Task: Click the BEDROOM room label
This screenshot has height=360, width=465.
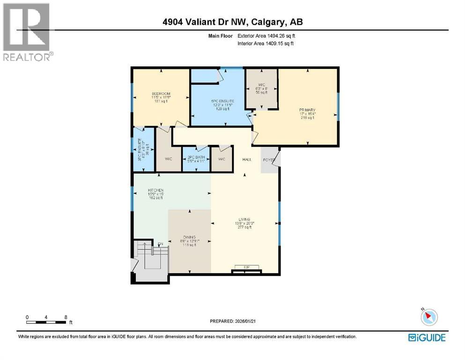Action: (161, 94)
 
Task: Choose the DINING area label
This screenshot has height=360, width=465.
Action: (189, 237)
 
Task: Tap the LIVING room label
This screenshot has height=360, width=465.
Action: (244, 219)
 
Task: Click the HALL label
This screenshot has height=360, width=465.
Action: (247, 159)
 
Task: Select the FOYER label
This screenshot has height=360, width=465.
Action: (268, 160)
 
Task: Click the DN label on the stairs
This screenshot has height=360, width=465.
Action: (160, 244)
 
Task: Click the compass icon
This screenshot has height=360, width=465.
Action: (428, 317)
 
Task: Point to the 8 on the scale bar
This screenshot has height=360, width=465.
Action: (66, 317)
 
